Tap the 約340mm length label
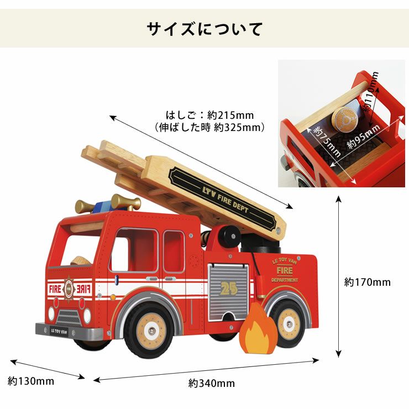(x=212, y=383)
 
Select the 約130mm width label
(x=31, y=381)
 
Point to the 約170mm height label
(x=367, y=282)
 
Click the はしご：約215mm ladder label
(x=209, y=116)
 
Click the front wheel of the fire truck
(x=149, y=331)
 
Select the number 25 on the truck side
(x=227, y=287)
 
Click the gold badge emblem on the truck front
(x=69, y=287)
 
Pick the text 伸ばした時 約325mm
(x=210, y=128)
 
